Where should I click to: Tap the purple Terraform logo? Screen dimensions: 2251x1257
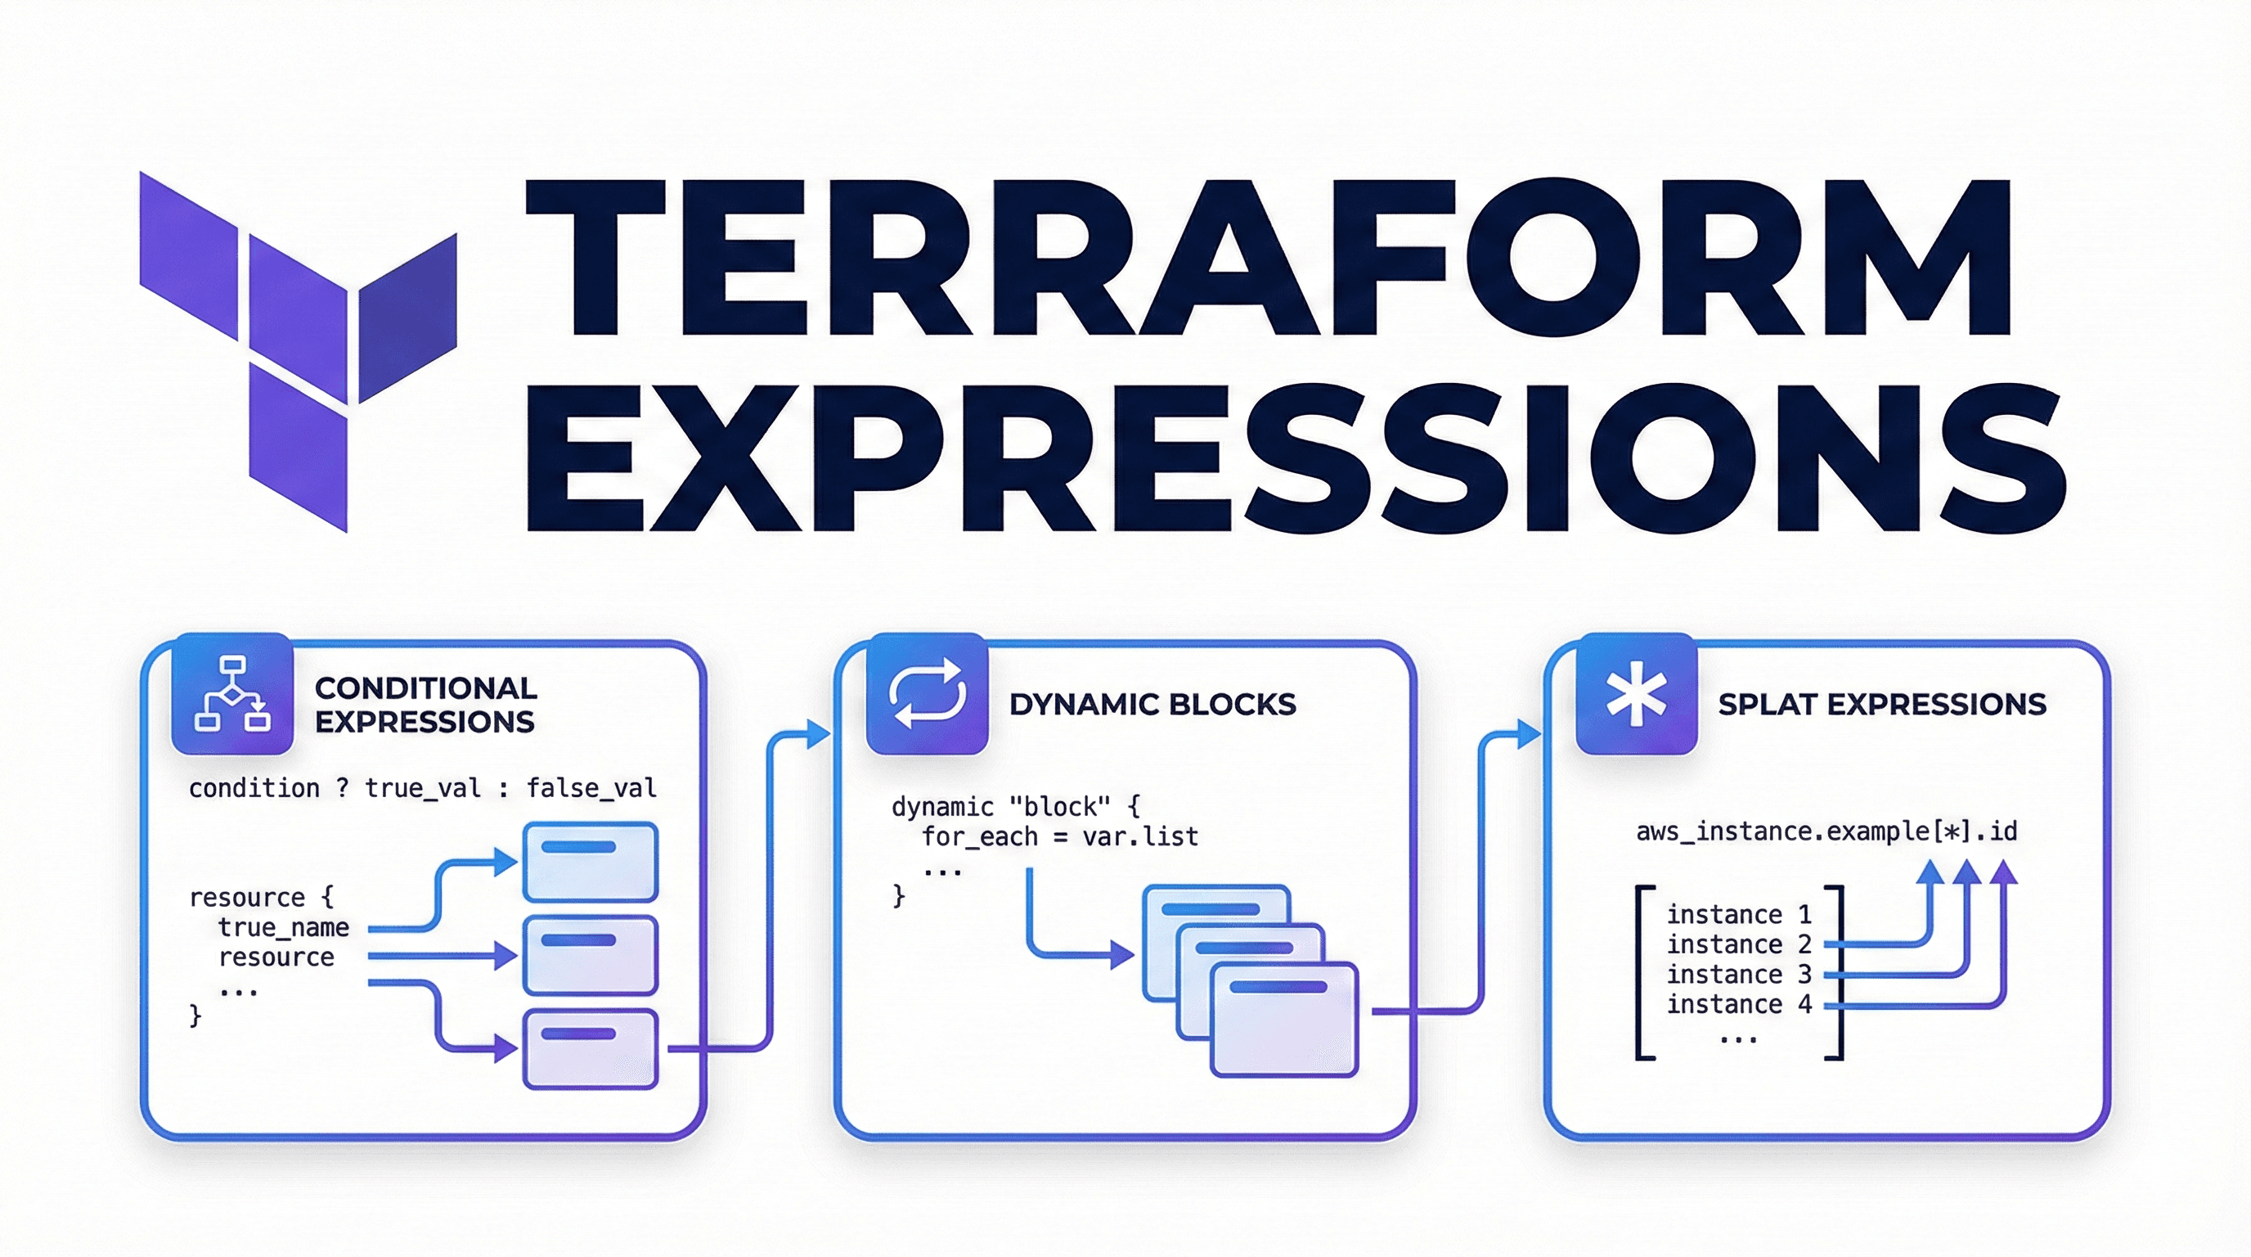point(298,351)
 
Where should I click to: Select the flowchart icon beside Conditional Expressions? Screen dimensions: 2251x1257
point(232,693)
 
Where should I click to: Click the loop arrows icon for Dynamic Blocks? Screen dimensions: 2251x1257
point(927,693)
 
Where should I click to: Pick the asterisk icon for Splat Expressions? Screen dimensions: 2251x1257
point(1637,693)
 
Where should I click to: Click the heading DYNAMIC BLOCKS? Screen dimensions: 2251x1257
point(1152,705)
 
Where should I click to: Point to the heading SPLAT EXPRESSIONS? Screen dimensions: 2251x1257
point(1882,705)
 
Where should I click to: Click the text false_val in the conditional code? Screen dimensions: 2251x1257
point(591,788)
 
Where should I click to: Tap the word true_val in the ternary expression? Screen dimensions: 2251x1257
point(423,788)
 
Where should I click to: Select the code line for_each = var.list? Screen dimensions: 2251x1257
point(1060,837)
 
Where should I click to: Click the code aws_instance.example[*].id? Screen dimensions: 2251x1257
point(1827,831)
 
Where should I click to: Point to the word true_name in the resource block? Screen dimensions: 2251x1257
point(284,927)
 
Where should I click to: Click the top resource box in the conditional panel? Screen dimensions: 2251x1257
point(591,862)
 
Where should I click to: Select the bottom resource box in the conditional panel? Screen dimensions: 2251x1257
point(591,1049)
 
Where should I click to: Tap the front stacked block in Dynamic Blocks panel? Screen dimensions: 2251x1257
point(1284,1019)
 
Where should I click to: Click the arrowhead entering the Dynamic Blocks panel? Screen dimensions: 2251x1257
point(818,734)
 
